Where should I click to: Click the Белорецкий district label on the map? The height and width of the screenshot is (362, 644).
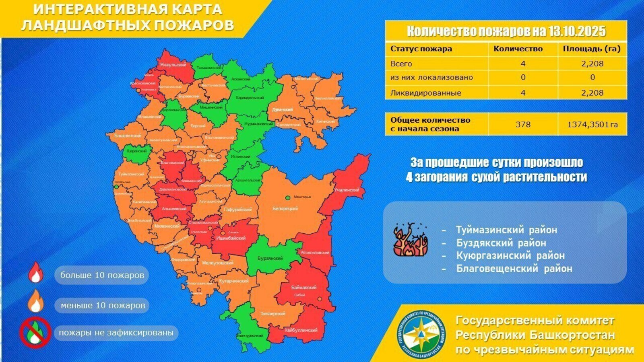tap(285, 209)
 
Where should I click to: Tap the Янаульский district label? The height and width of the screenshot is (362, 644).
tap(173, 65)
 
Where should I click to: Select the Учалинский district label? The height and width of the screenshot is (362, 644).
tap(347, 190)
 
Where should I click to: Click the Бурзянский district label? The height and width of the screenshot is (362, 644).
tap(270, 258)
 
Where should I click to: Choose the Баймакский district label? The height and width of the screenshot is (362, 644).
tap(304, 288)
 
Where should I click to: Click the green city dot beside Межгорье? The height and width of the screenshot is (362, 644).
tap(288, 198)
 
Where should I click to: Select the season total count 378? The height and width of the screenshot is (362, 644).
tap(523, 124)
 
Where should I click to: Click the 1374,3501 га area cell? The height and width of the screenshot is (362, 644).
tap(592, 125)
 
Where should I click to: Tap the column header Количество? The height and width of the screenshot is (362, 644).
tap(518, 49)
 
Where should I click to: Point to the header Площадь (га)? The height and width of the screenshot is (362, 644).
tap(592, 49)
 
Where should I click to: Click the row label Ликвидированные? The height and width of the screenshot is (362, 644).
tap(426, 93)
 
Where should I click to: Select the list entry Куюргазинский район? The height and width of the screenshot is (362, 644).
tap(510, 256)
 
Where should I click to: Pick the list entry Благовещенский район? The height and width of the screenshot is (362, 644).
tap(514, 269)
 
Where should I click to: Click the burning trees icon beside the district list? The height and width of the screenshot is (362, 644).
tap(411, 241)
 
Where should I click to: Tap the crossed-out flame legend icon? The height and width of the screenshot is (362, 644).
tap(35, 333)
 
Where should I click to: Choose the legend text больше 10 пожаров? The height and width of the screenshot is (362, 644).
tap(102, 276)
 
